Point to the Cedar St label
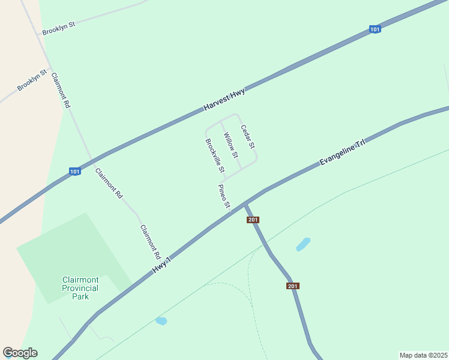point(248,137)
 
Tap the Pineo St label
point(224,197)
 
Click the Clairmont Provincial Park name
point(80,288)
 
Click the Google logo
point(20,353)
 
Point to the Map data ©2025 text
point(423,355)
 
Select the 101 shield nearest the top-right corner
point(375,29)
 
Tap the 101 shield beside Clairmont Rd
point(74,172)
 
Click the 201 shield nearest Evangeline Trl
point(253,220)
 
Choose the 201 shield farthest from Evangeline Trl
point(293,286)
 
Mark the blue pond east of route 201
point(303,244)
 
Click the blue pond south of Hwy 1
point(161,321)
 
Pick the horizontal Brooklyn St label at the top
point(58,26)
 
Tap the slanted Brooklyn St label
point(32,81)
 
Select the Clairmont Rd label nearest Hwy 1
point(149,238)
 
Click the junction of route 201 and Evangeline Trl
point(246,203)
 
